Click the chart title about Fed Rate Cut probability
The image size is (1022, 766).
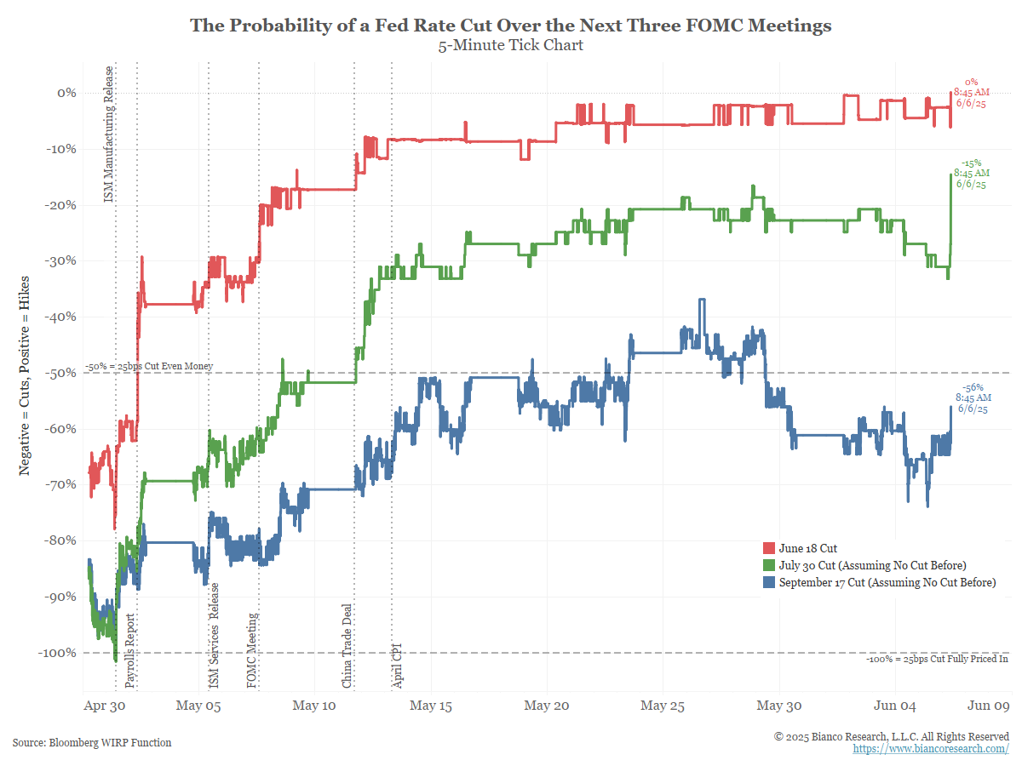pos(510,26)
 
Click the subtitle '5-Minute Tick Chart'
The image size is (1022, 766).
pos(510,45)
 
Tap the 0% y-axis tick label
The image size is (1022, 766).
pos(66,93)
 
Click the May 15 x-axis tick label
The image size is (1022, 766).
pos(431,706)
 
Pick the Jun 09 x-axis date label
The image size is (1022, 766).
pos(989,706)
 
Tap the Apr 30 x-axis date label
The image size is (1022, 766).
pos(105,706)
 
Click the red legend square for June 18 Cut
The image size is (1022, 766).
pos(768,548)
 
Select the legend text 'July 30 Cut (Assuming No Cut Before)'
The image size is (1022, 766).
pos(872,565)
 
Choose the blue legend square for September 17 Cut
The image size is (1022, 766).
pos(768,582)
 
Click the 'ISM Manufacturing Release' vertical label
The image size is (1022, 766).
pos(108,134)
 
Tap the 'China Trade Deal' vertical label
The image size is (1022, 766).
pos(347,645)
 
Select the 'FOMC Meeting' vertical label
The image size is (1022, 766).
pos(252,649)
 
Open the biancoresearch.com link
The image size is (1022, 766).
pos(931,748)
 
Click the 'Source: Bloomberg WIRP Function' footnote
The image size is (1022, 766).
pos(92,742)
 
